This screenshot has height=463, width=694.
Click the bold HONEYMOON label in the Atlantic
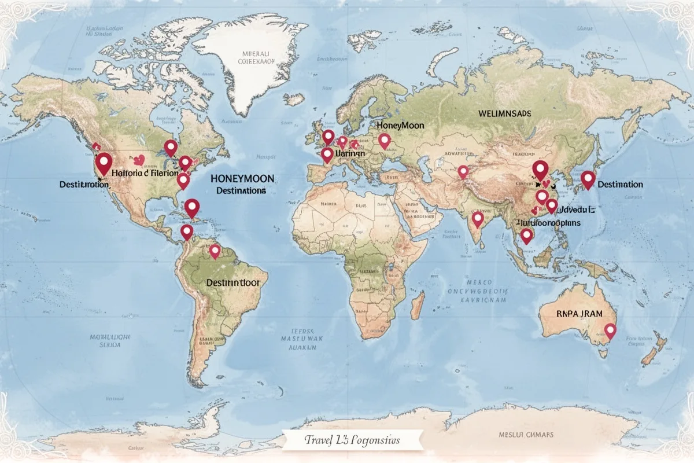242,179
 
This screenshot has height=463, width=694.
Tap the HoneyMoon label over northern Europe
400,125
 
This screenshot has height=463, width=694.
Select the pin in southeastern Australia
610,330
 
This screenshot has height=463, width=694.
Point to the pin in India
478,219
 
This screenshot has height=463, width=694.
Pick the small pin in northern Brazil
215,251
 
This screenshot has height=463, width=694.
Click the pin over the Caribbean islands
192,206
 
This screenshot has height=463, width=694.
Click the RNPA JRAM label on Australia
579,313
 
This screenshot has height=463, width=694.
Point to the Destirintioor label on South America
232,283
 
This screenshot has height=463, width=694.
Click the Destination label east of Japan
620,185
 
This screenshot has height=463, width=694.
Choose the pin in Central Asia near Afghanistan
463,171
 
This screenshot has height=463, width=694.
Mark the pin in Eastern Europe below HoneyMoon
385,139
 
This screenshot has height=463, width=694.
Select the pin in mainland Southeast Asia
526,235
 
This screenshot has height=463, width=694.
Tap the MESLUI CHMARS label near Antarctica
526,435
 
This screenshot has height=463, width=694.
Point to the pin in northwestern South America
186,231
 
